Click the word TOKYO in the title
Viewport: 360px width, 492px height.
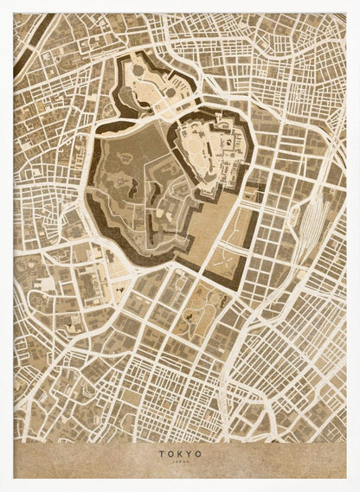(x=180, y=452)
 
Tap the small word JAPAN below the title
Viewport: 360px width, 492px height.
(x=180, y=461)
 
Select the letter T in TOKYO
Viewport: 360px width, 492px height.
(x=161, y=452)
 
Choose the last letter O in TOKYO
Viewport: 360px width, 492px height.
(x=199, y=452)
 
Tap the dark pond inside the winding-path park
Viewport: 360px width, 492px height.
(x=188, y=329)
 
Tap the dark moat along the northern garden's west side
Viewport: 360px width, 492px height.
(x=120, y=86)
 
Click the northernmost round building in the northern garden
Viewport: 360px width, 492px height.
(x=139, y=64)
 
